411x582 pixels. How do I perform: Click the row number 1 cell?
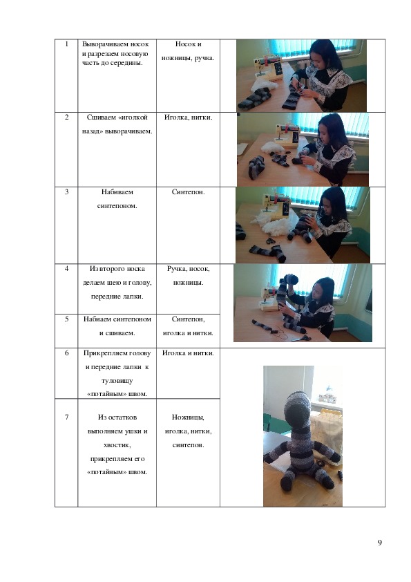(x=66, y=75)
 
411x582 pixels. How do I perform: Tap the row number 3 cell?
(x=66, y=225)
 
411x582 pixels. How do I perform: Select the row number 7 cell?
(x=66, y=453)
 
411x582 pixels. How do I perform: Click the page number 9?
(x=379, y=543)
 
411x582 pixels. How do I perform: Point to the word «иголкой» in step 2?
(x=133, y=118)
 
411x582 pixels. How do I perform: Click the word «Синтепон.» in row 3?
(x=188, y=192)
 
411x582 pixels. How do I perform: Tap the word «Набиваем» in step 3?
(x=117, y=192)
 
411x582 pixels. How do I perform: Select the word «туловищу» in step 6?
(x=117, y=381)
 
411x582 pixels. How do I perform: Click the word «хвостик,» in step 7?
(x=117, y=445)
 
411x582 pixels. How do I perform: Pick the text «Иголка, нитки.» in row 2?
(x=188, y=118)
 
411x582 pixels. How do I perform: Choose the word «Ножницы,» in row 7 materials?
(x=188, y=417)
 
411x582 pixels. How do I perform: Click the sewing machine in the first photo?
(x=268, y=68)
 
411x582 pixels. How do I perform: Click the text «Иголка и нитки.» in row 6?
(x=188, y=353)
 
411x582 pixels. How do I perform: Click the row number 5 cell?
(x=66, y=330)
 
